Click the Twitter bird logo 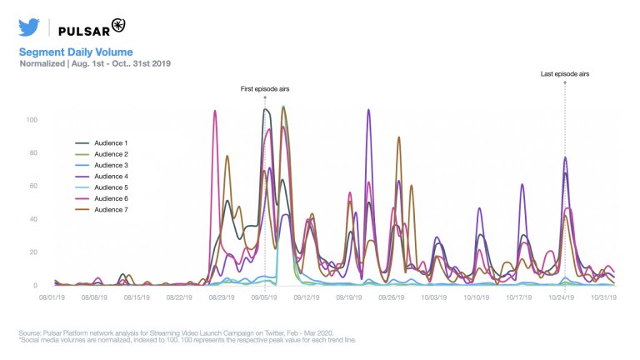coord(29,27)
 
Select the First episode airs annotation coord(265,88)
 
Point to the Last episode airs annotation coord(565,74)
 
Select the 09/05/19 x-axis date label coord(265,296)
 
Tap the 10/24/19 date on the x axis coord(565,296)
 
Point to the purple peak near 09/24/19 coord(368,110)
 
